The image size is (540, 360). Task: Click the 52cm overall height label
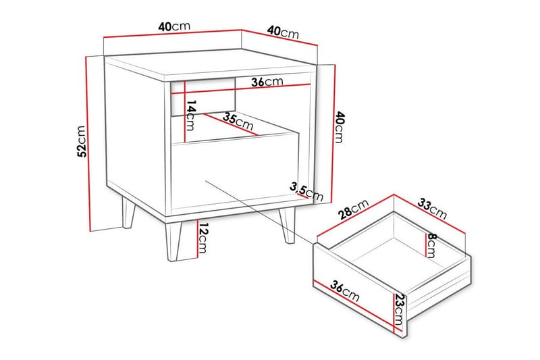81,141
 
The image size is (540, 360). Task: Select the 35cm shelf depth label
238,121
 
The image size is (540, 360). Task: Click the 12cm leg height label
203,238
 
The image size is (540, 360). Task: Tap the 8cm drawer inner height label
431,245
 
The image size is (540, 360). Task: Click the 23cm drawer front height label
399,309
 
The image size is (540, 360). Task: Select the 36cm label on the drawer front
344,292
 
